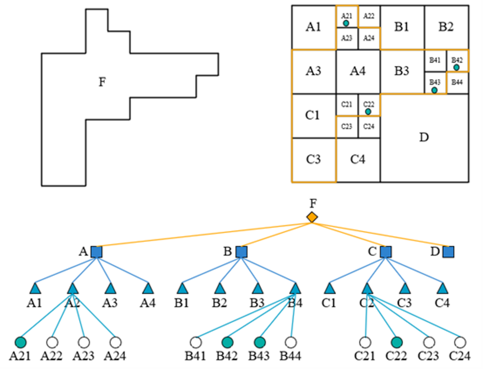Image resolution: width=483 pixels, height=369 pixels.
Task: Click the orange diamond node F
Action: tap(312, 217)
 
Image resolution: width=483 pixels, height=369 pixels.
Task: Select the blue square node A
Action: tap(96, 252)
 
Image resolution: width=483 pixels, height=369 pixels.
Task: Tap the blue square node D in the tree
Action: tap(448, 252)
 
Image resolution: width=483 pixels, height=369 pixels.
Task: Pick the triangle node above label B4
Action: tap(295, 289)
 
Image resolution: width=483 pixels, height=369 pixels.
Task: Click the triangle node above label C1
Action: tap(330, 289)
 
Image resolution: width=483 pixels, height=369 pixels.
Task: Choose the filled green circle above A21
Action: tap(20, 342)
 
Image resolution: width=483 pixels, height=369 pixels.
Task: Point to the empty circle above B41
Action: tap(196, 342)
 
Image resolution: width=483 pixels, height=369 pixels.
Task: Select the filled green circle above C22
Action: tap(396, 342)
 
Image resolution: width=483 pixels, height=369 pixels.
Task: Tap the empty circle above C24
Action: tap(460, 342)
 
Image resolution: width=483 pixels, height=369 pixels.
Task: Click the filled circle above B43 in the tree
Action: tap(259, 342)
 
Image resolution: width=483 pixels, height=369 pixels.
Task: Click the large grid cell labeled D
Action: tap(424, 138)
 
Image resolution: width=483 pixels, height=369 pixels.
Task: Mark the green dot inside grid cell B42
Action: tap(456, 67)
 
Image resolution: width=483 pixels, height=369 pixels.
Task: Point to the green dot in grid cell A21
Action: tap(346, 23)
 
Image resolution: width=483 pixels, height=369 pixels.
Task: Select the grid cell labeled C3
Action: tap(313, 160)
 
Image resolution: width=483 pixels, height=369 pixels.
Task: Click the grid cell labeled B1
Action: tap(402, 27)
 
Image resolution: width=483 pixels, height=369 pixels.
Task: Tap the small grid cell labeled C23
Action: tap(347, 126)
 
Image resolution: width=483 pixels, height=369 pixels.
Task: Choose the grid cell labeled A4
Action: tap(358, 71)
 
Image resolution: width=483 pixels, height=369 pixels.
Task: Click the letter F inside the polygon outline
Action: tap(102, 82)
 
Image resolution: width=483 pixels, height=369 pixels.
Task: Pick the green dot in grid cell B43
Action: tap(434, 90)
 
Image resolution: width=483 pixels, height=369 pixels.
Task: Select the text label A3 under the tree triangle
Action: tap(110, 304)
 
